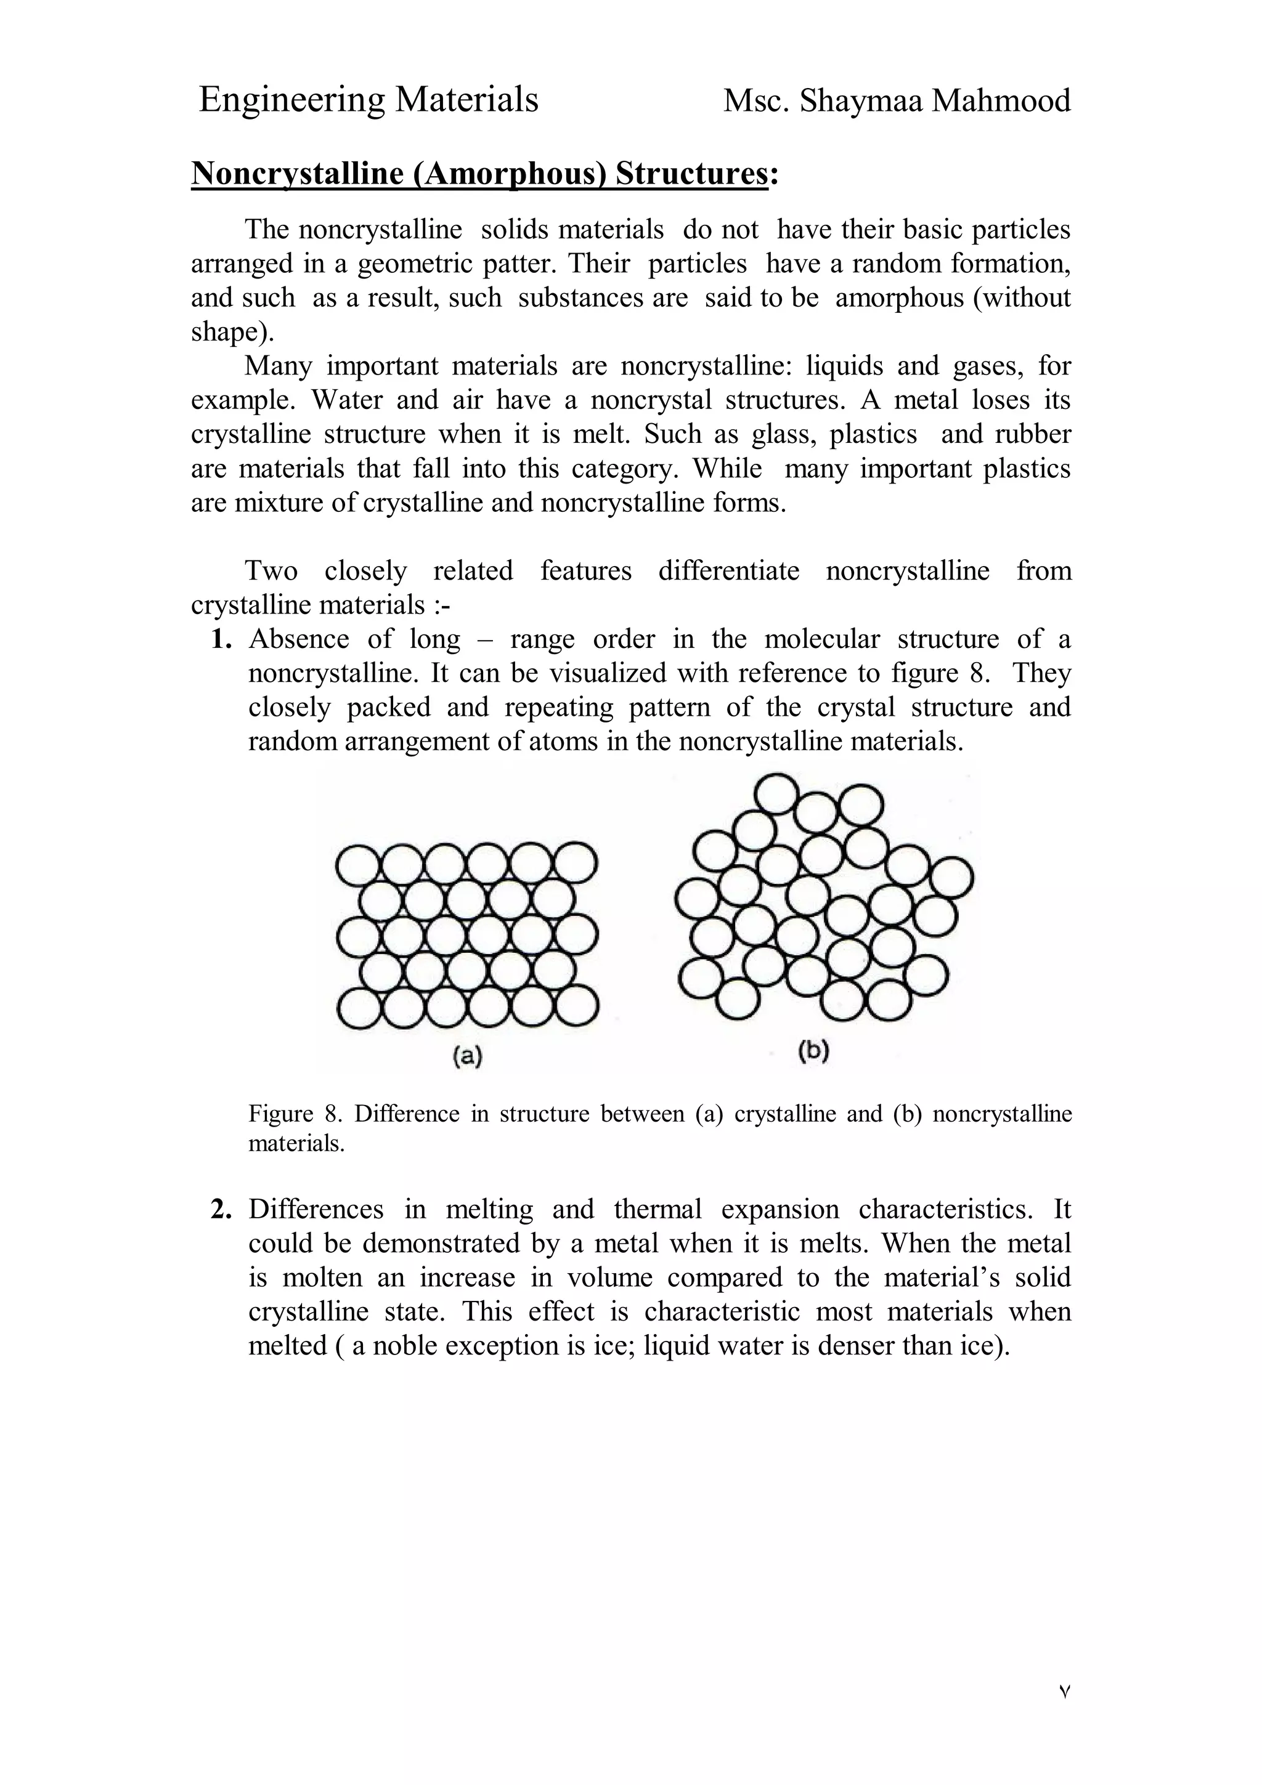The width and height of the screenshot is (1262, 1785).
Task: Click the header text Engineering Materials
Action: [368, 100]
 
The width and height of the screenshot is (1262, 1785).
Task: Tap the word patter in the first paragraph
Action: [518, 264]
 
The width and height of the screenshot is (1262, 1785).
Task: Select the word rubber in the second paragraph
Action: [1033, 434]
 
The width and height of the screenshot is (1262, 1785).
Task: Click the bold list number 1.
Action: [222, 639]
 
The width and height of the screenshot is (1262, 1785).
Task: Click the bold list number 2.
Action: [222, 1210]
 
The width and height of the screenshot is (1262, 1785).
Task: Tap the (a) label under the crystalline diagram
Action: [467, 1056]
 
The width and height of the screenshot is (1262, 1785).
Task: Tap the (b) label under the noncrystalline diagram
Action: [813, 1052]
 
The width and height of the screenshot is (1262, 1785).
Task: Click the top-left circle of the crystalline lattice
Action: [357, 864]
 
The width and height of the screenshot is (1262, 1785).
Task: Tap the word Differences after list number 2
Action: [315, 1210]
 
